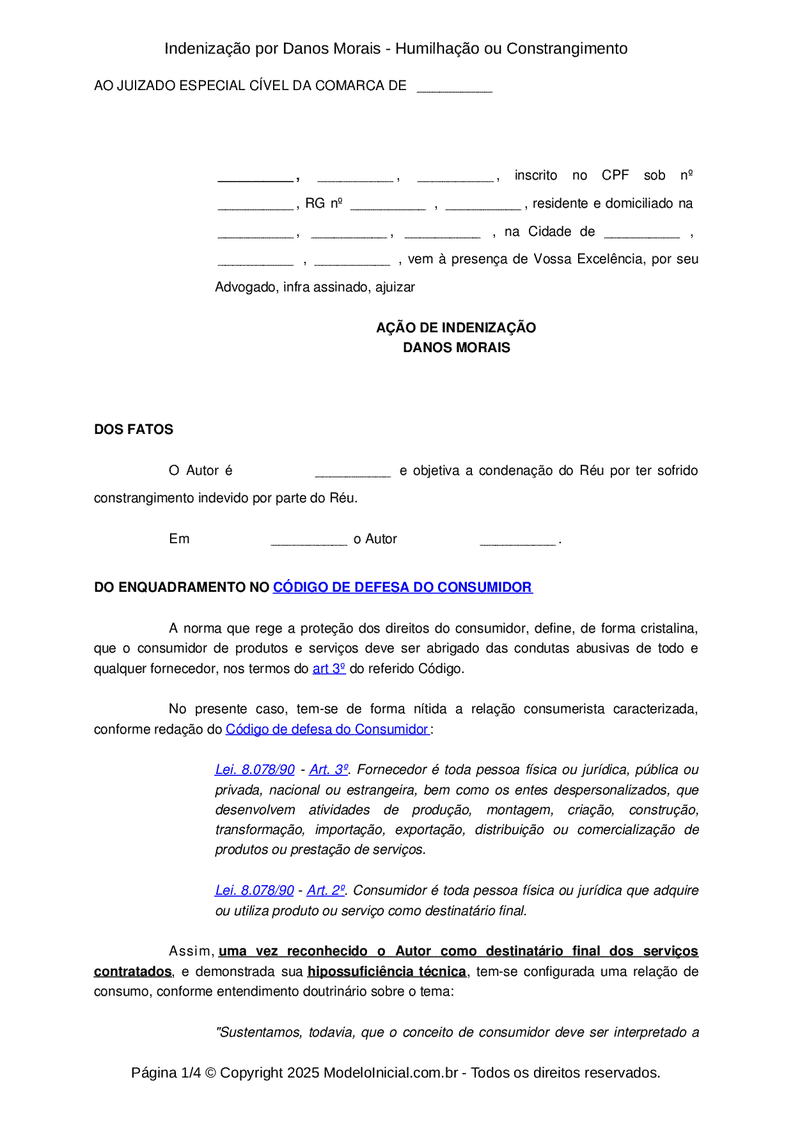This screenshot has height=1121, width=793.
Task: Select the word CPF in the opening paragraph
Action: coord(615,175)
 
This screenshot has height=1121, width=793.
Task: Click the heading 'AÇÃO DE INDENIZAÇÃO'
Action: coord(456,328)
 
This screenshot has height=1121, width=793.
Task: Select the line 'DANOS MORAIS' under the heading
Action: coord(456,348)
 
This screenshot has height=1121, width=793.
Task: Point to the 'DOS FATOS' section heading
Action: coord(134,429)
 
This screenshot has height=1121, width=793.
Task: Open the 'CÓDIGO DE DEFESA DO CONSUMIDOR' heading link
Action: coord(402,587)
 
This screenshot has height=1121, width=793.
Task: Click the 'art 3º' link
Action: coord(329,669)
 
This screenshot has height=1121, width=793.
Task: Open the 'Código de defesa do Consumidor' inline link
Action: coord(327,729)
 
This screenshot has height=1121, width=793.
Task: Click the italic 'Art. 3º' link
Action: coord(329,769)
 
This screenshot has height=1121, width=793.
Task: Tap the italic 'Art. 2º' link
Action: coord(326,890)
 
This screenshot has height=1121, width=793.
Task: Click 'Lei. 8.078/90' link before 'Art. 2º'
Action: coord(255,890)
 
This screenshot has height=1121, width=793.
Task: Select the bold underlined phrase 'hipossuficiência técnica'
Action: coord(386,971)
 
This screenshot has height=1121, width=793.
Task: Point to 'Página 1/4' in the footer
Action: coord(166,1072)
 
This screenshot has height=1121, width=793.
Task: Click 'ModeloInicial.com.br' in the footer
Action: coord(390,1072)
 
